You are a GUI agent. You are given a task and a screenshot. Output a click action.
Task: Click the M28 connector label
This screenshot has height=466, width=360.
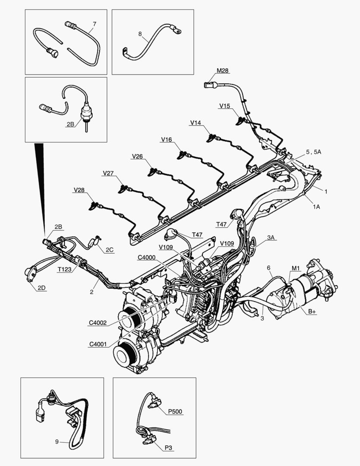tap(222, 71)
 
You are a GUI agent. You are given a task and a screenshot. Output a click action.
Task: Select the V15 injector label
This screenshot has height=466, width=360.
tap(225, 106)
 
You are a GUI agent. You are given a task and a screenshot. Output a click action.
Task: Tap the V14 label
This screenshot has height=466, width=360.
tap(195, 123)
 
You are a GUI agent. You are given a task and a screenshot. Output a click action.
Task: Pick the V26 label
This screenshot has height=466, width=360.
tap(138, 156)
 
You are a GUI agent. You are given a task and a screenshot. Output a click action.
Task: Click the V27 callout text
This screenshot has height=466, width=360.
tap(108, 173)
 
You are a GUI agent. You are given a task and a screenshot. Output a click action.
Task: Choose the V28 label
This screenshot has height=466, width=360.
tap(79, 190)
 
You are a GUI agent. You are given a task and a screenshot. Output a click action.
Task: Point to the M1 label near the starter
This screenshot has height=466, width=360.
tap(295, 268)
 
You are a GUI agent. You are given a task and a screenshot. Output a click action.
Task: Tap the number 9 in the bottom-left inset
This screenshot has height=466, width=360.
tap(57, 441)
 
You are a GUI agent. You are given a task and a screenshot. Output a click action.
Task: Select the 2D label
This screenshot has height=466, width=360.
tap(41, 288)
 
